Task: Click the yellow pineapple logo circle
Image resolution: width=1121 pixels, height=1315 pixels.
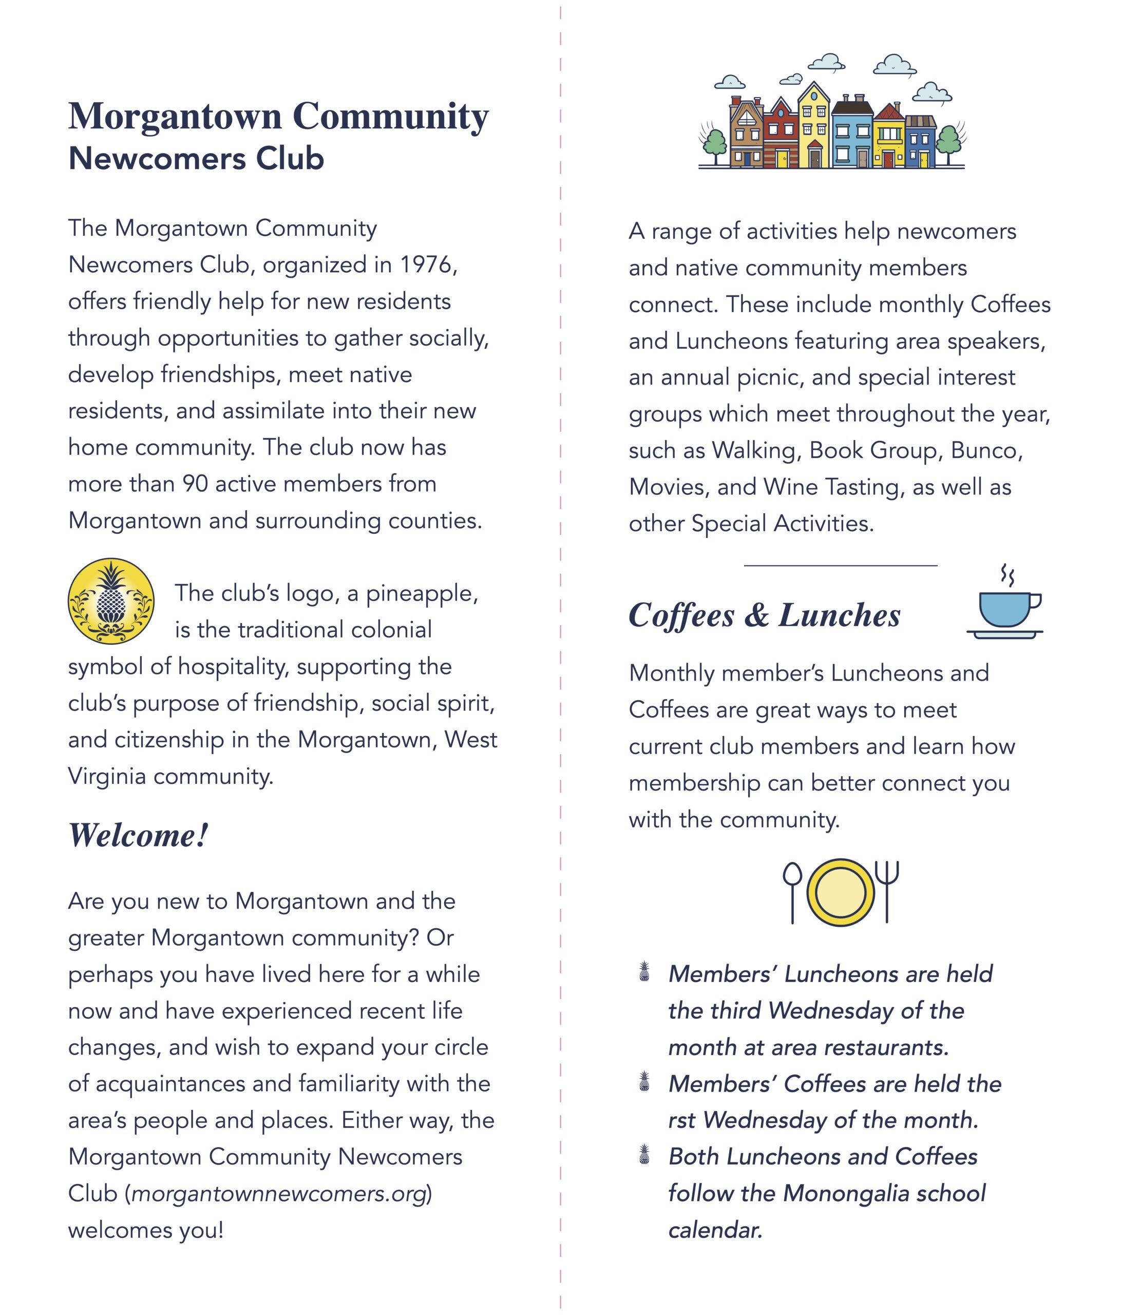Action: click(x=111, y=600)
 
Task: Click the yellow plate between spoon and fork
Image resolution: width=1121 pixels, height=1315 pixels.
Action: click(x=840, y=892)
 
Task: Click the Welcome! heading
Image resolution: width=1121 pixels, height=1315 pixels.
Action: click(x=138, y=835)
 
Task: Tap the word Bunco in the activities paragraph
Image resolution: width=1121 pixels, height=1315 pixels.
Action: click(x=986, y=450)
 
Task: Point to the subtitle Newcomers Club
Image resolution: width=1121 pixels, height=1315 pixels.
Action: click(x=196, y=158)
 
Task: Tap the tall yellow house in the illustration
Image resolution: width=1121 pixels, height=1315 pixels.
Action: click(x=814, y=127)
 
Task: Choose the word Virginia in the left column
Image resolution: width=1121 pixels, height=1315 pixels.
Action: click(x=107, y=776)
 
